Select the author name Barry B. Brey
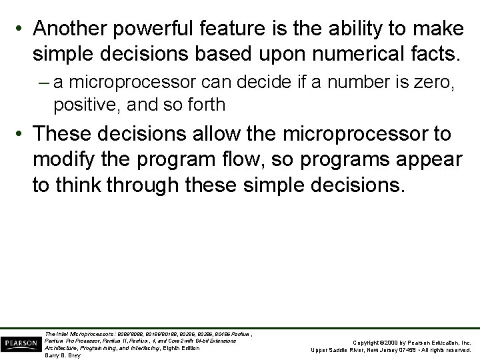[x=62, y=355]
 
